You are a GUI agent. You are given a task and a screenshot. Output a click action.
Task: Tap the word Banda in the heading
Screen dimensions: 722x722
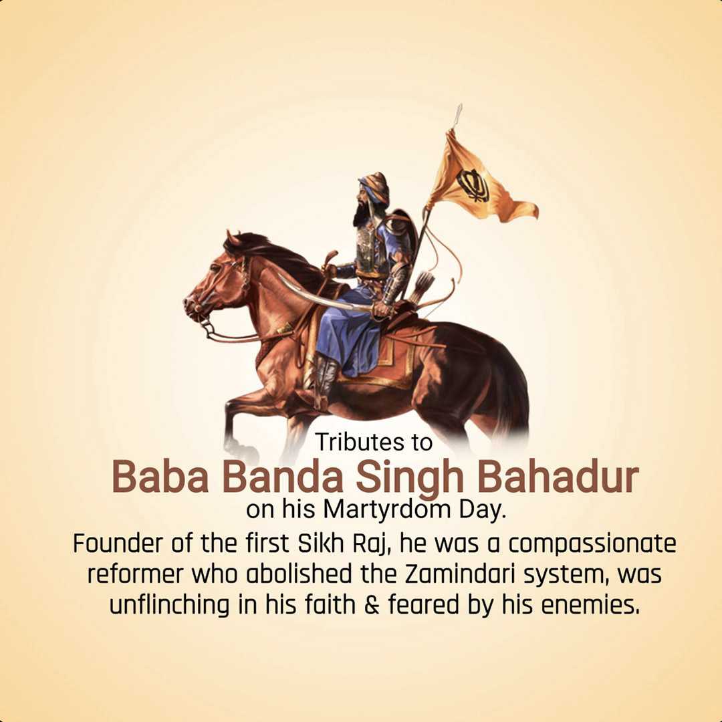(283, 477)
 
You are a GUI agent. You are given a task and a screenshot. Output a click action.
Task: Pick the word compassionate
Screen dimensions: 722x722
(592, 544)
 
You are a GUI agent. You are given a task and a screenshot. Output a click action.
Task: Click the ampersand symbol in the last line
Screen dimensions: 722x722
(372, 604)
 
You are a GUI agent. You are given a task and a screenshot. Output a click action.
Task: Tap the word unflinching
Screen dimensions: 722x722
(169, 605)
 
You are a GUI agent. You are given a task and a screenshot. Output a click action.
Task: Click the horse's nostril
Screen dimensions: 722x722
(188, 303)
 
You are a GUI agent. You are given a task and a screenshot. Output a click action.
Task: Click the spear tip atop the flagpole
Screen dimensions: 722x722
(458, 115)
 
